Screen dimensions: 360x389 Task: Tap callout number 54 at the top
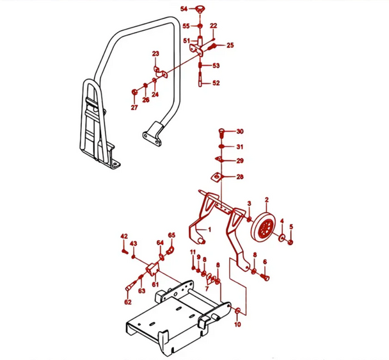coord(184,9)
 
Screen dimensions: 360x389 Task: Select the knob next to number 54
coord(200,9)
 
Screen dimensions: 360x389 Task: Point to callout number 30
coord(240,131)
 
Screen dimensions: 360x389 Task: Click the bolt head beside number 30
coord(221,132)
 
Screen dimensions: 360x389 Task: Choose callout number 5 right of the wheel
coord(291,227)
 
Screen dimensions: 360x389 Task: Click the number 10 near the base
coord(238,325)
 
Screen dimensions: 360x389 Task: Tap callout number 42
coord(124,238)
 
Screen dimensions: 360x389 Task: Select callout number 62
coord(128,302)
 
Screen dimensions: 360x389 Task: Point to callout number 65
coord(171,236)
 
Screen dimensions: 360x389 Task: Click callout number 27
coord(134,108)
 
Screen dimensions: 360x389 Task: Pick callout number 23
coord(155,53)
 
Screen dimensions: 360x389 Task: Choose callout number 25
coord(230,45)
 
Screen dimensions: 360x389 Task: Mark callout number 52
coord(216,83)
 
